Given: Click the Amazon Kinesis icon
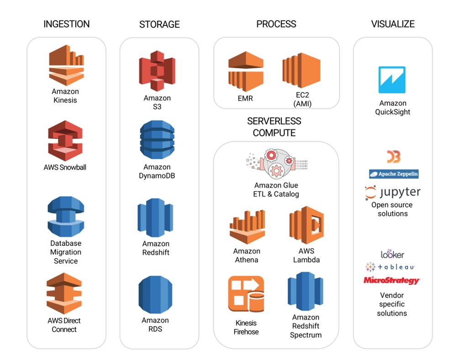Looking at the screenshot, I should tap(66, 65).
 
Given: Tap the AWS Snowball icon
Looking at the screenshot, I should tap(65, 141).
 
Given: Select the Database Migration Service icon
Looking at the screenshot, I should tap(66, 217).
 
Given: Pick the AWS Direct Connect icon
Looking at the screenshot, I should tap(64, 293).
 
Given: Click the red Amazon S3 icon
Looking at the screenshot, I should tap(157, 71).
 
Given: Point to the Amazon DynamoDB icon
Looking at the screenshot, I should tap(157, 140).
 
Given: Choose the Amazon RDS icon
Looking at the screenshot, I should tap(155, 295).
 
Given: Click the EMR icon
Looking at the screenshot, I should tap(246, 71).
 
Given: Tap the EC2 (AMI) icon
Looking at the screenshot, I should tap(301, 71).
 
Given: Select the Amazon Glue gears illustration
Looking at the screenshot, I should tap(276, 164).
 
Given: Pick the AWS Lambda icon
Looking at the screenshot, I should tap(306, 225).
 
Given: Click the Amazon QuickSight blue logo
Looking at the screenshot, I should tap(392, 80).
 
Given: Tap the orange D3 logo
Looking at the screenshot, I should tap(393, 157).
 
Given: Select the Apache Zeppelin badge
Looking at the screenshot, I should tap(394, 174).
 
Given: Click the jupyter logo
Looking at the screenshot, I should tap(393, 192).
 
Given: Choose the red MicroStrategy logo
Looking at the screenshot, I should tap(391, 281).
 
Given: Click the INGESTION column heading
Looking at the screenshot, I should tap(67, 24).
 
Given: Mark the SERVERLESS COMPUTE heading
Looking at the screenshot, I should tap(274, 127).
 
